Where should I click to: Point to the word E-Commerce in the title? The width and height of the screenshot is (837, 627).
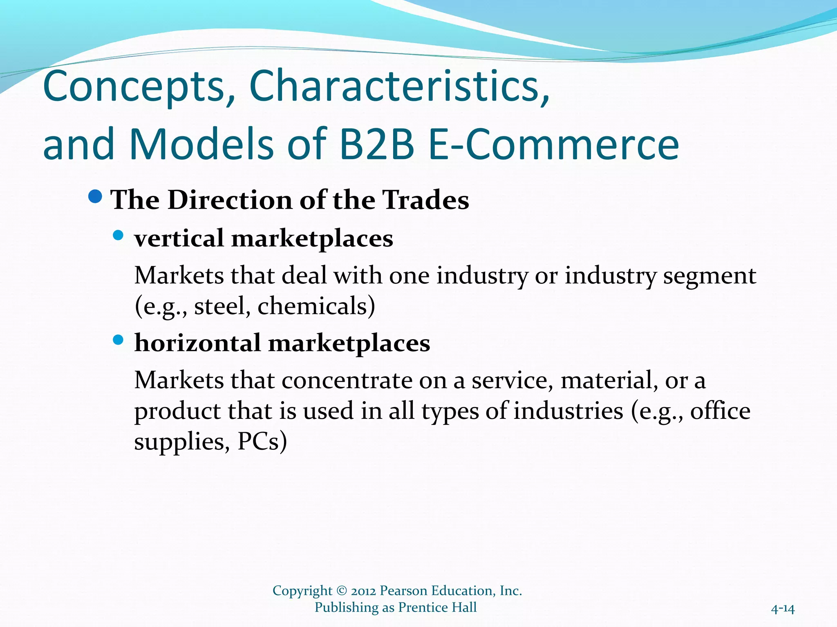pos(554,145)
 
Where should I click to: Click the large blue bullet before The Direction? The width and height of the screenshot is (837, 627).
pos(95,197)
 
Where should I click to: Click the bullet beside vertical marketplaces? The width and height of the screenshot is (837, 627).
pos(118,236)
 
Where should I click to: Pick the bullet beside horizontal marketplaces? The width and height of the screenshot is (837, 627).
pos(118,340)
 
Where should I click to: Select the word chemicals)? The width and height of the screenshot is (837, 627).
pos(316,306)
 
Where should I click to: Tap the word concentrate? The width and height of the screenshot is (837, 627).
pos(348,380)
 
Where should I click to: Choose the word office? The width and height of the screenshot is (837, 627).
pos(720,411)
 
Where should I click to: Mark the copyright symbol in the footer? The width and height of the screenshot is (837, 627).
pos(342,591)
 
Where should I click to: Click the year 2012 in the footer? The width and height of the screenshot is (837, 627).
pos(363,591)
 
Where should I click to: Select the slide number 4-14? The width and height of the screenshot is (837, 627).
pos(783,609)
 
